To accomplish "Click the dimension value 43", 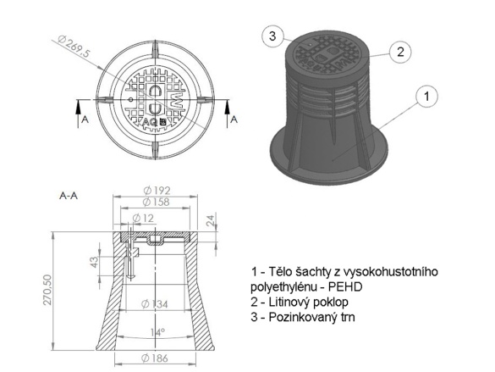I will tap(94, 263).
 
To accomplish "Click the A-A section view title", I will tap(69, 195).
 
